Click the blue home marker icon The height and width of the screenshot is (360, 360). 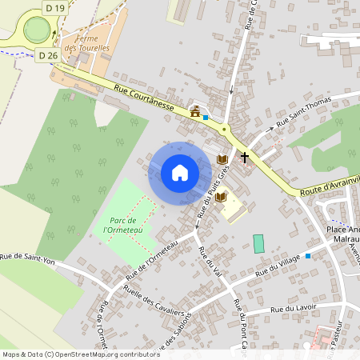pos(180,173)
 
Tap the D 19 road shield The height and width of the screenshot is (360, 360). pos(55,8)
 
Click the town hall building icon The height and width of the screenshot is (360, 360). pos(195,111)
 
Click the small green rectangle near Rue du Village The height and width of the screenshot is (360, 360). pos(258,244)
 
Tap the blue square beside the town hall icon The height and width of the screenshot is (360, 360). pos(206,117)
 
